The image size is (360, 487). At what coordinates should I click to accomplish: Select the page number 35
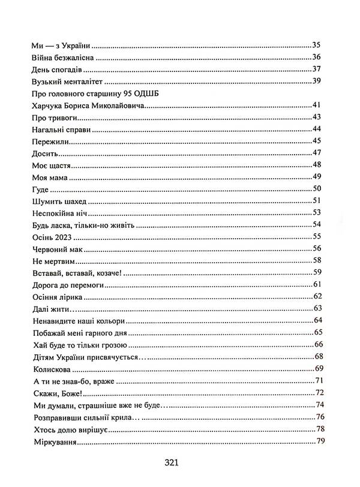pos(318,46)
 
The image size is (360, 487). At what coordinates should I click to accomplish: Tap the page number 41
pos(318,106)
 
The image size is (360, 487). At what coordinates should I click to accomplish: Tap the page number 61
pos(318,284)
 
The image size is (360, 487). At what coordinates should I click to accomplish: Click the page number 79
pos(320,442)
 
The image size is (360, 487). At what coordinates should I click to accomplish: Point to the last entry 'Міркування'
pos(52,442)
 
